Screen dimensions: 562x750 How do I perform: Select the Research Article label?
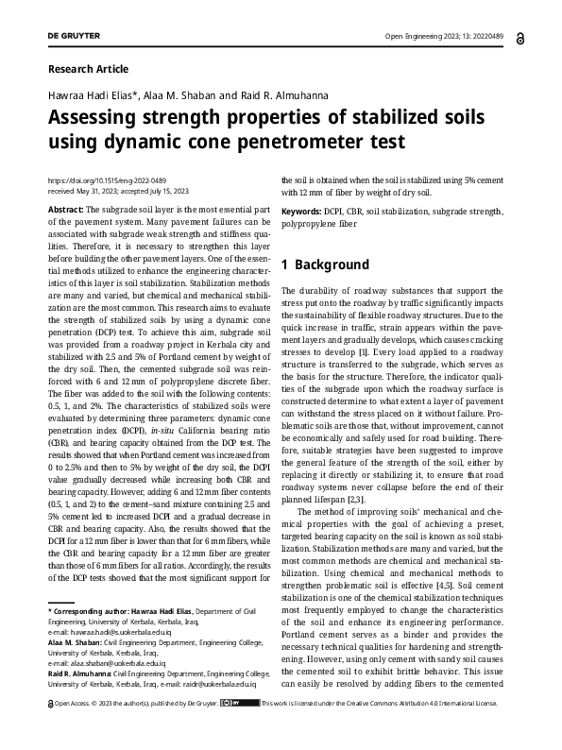point(87,69)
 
